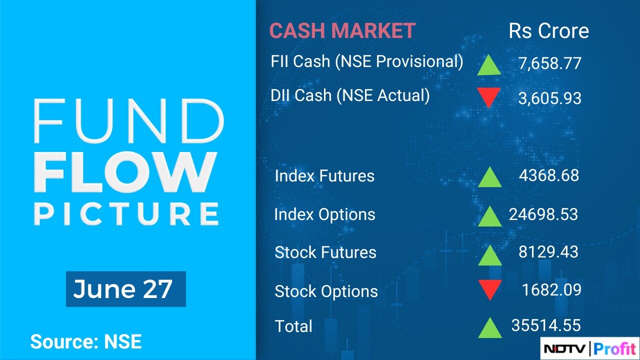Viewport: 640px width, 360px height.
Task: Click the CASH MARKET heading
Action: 342,30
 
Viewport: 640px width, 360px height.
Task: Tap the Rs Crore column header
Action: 549,30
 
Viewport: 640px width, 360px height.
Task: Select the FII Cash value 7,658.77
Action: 549,63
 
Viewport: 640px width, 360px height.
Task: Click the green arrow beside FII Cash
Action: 489,65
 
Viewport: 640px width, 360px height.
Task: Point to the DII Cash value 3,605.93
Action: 549,98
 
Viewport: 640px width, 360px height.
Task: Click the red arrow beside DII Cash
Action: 489,97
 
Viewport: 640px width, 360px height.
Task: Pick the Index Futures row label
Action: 324,175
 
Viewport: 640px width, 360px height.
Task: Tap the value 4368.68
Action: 549,175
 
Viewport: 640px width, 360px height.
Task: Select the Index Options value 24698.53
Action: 543,214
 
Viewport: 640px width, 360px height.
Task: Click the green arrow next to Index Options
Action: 489,216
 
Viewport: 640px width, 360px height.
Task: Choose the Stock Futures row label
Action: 325,252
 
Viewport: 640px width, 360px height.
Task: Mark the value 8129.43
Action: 548,252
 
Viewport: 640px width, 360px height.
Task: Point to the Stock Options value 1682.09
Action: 551,289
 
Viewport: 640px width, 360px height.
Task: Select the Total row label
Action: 293,326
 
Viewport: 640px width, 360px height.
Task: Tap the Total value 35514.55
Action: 546,325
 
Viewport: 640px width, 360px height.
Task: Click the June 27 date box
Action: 126,289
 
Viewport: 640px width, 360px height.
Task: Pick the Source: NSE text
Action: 86,341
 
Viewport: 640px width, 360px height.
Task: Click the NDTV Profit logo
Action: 589,348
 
